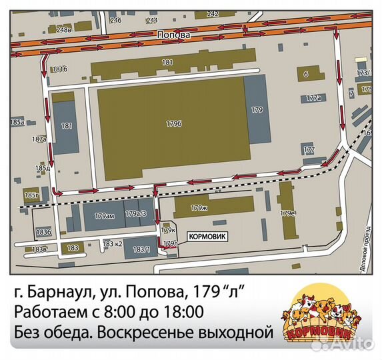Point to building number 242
click(x=212, y=13)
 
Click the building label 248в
click(x=64, y=29)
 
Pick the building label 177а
click(x=313, y=98)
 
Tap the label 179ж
click(x=199, y=208)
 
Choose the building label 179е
click(x=288, y=213)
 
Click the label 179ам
click(x=105, y=215)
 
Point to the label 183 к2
click(x=113, y=244)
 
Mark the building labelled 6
click(x=305, y=75)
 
